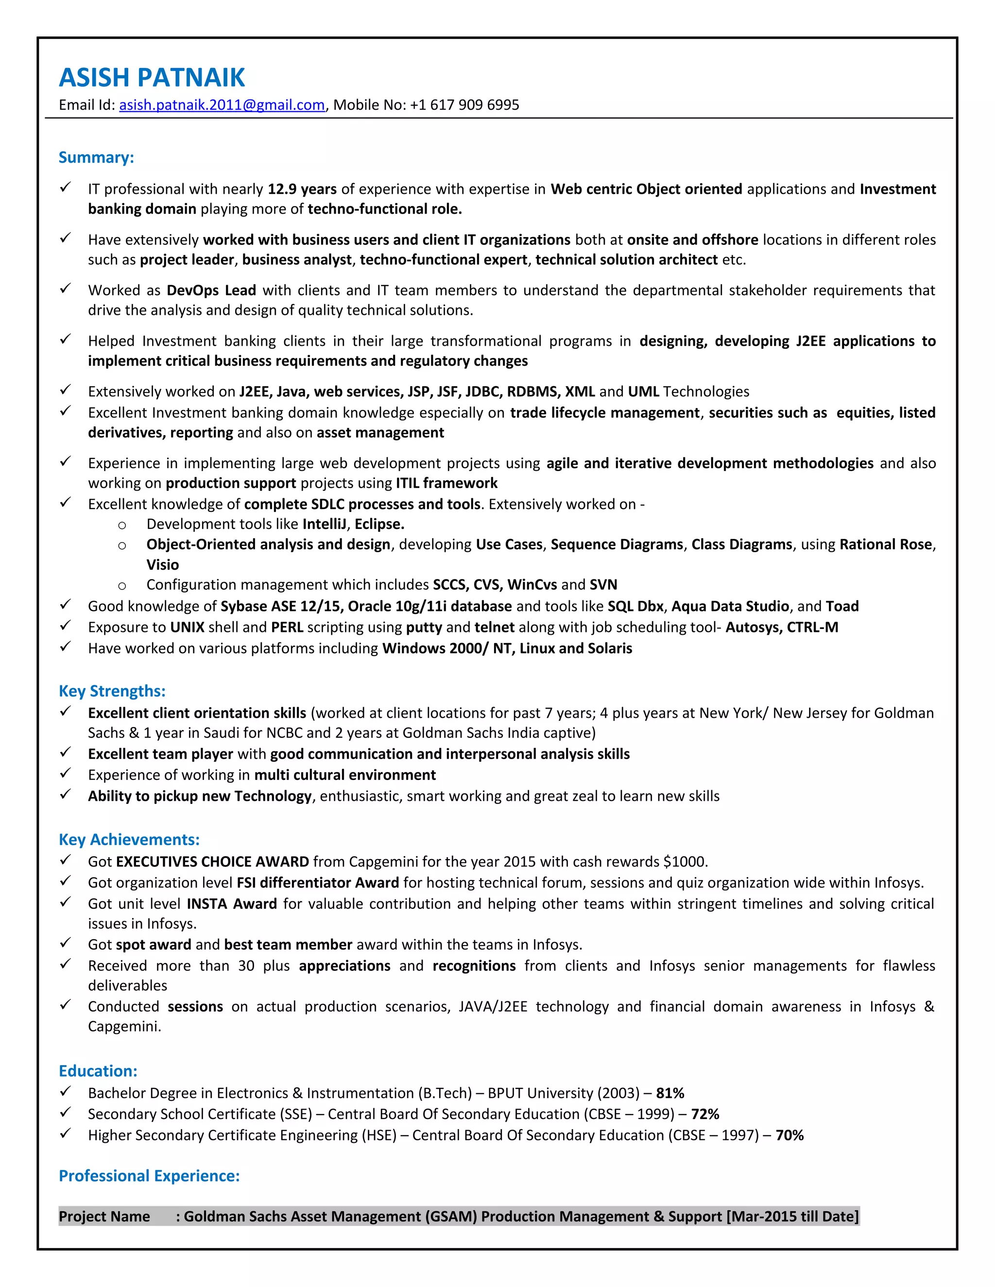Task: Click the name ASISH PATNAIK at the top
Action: tap(152, 78)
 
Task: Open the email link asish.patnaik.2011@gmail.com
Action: tap(222, 105)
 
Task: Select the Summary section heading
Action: tap(96, 157)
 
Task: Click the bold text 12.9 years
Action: tap(302, 189)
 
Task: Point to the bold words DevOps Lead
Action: tap(211, 290)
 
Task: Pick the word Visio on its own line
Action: tap(163, 564)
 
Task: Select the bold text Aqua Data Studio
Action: tap(730, 607)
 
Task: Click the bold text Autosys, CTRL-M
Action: tap(781, 627)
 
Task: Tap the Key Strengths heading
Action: tap(112, 691)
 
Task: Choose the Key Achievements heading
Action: tap(129, 840)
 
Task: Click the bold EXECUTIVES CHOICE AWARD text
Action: tap(212, 862)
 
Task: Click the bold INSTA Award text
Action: tap(232, 904)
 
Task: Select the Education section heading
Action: tap(98, 1071)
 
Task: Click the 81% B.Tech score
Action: tap(669, 1093)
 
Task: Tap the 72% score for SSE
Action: tap(705, 1114)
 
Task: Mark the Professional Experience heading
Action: tap(149, 1176)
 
